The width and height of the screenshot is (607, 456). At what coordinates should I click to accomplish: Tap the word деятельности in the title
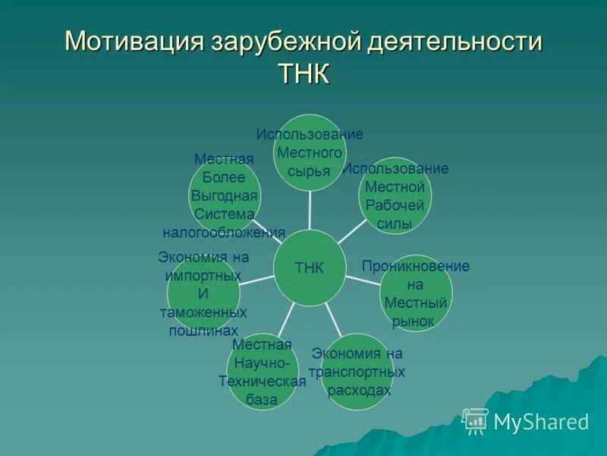[x=455, y=42]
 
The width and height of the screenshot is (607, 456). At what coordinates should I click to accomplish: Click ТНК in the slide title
[x=303, y=76]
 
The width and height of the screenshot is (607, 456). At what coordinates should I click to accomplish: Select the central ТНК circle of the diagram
[x=310, y=268]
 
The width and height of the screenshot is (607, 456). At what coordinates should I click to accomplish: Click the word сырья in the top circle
[x=310, y=171]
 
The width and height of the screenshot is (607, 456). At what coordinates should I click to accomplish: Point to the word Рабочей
[x=395, y=204]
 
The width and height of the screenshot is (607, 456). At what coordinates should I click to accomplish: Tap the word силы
[x=395, y=223]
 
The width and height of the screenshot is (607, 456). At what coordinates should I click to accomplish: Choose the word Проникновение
[x=415, y=266]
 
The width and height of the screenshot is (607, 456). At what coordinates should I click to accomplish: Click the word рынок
[x=415, y=321]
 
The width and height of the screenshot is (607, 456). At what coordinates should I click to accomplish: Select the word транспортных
[x=357, y=372]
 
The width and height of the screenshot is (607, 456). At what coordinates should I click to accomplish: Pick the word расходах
[x=357, y=390]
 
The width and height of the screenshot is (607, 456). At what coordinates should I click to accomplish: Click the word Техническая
[x=262, y=382]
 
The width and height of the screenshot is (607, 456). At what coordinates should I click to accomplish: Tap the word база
[x=262, y=400]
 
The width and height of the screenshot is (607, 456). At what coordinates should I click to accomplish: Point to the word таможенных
[x=203, y=312]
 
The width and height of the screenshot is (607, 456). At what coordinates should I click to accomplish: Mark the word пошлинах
[x=203, y=331]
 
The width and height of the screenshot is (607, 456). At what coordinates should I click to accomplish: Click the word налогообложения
[x=224, y=233]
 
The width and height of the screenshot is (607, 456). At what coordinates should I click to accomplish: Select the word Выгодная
[x=224, y=196]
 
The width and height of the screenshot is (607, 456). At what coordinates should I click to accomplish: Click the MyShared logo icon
[x=475, y=420]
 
